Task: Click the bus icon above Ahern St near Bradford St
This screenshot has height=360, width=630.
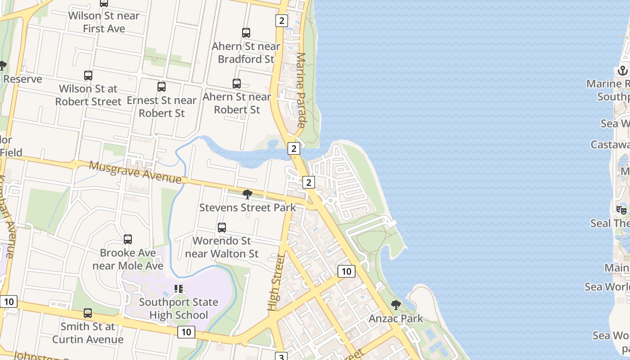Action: pos(246,33)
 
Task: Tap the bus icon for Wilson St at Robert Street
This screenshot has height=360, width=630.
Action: pos(88,76)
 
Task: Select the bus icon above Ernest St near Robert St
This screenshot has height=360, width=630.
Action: pos(162,87)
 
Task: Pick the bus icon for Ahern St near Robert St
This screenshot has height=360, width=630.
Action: pos(237,84)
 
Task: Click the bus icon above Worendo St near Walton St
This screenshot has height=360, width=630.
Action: pos(222,228)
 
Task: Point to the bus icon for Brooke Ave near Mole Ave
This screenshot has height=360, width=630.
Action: pos(128,239)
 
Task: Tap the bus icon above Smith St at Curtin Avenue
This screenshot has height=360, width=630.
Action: pos(88,313)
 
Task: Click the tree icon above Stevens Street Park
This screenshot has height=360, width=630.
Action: pos(247,194)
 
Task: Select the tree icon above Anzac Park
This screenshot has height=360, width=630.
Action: pos(396,305)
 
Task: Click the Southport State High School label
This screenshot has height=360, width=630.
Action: pos(179,309)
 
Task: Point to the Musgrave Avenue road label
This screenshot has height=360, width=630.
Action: pos(135,172)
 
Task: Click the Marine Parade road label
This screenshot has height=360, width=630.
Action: pos(301,90)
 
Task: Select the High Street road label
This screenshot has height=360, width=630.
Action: pos(276,283)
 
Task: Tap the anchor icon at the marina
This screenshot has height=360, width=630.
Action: pos(623,71)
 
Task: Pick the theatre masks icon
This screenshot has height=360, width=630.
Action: pos(621,210)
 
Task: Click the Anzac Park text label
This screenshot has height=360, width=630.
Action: pos(396,319)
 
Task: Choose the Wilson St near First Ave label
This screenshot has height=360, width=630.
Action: pos(104,22)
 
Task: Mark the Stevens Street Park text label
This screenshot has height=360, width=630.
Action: pos(247,207)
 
